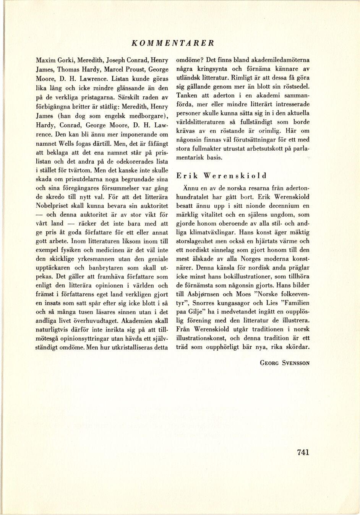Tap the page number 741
(302, 452)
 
